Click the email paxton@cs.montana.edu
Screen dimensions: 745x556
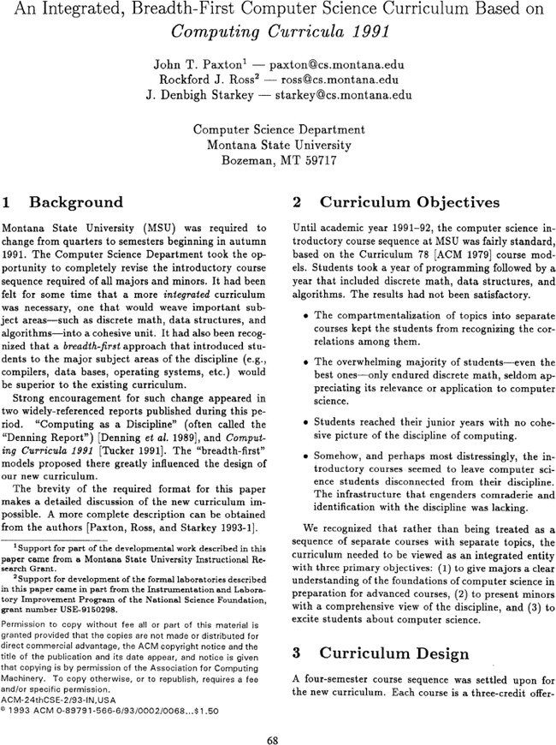point(337,64)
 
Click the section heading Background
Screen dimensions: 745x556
point(76,203)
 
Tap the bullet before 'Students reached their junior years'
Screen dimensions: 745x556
point(305,423)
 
